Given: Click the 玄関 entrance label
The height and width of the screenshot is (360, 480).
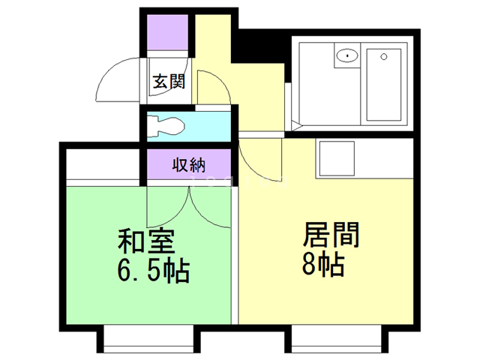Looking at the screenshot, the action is coord(169,82).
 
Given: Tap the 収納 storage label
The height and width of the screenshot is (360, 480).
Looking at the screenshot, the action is coord(188,165).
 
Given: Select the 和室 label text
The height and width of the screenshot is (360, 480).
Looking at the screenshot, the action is coord(146,241).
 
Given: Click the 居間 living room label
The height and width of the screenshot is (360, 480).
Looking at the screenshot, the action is coord(331,235).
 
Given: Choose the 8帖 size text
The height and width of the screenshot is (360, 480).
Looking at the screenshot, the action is coord(323,265).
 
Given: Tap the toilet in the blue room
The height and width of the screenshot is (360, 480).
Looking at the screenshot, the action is coord(166,126).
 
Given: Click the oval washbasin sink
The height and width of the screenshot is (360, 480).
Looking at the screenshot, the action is coord(347,56).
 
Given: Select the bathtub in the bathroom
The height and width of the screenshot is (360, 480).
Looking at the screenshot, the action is coord(384,85).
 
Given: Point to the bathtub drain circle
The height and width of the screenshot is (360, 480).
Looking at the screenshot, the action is coord(384,57).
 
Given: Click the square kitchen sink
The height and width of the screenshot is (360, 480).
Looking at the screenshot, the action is coord(337,158).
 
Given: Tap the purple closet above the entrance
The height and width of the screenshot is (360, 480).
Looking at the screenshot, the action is coord(167,32).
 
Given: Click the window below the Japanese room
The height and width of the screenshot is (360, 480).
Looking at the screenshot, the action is coord(148,339).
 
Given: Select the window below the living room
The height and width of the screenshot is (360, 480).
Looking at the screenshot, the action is coord(336,339).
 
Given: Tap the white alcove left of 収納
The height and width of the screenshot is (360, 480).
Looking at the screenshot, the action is coord(103,164).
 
